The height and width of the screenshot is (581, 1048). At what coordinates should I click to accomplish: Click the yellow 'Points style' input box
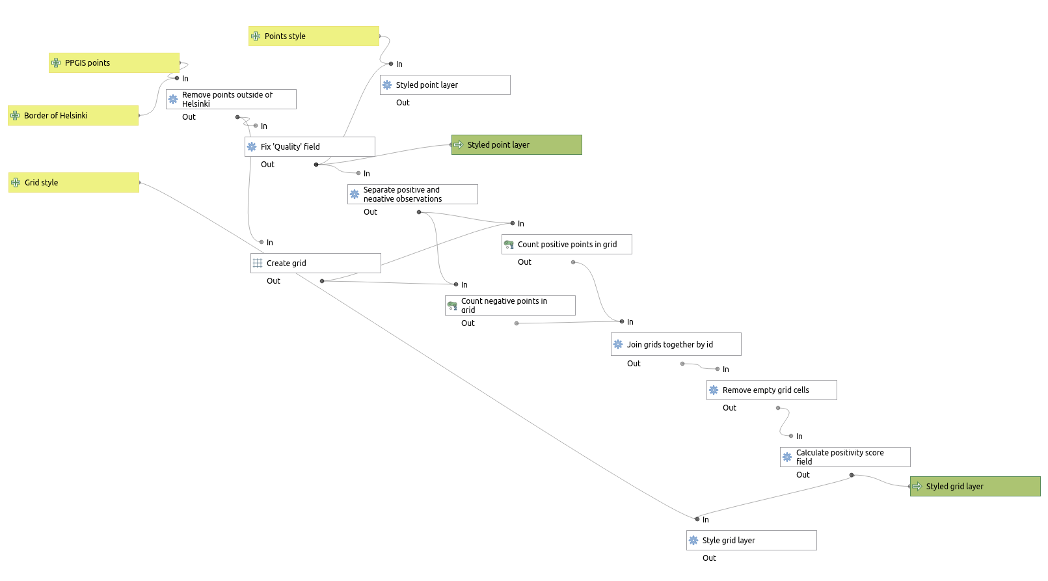pyautogui.click(x=314, y=36)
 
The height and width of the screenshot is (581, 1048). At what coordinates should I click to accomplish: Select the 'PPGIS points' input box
pyautogui.click(x=114, y=62)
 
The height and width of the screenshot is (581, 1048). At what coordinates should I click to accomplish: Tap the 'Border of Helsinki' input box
pyautogui.click(x=73, y=116)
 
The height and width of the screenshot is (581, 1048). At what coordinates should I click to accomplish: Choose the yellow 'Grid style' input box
pyautogui.click(x=74, y=182)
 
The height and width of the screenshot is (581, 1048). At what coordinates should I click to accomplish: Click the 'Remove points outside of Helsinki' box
pyautogui.click(x=231, y=99)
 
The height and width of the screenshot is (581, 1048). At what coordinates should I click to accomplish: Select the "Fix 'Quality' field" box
pyautogui.click(x=310, y=147)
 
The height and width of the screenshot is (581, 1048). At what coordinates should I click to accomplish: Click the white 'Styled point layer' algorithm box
pyautogui.click(x=445, y=85)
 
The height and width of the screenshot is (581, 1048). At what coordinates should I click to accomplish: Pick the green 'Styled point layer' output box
pyautogui.click(x=517, y=145)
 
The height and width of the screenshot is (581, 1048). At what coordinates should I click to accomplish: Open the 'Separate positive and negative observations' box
pyautogui.click(x=412, y=194)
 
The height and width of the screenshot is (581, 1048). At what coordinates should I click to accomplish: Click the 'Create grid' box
pyautogui.click(x=316, y=263)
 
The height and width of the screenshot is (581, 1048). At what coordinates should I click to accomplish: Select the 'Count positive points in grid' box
pyautogui.click(x=567, y=245)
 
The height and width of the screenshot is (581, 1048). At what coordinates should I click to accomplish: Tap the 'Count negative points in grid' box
pyautogui.click(x=510, y=306)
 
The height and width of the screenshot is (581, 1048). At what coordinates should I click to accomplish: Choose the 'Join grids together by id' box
pyautogui.click(x=676, y=344)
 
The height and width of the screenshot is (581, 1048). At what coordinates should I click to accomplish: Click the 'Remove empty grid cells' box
pyautogui.click(x=772, y=390)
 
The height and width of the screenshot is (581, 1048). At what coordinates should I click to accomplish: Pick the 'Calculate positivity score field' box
pyautogui.click(x=845, y=457)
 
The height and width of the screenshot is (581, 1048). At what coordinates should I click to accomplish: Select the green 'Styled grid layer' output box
pyautogui.click(x=975, y=487)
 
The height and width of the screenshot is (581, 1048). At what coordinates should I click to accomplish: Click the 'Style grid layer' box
pyautogui.click(x=751, y=540)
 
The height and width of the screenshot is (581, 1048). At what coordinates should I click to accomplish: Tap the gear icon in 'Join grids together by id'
pyautogui.click(x=618, y=344)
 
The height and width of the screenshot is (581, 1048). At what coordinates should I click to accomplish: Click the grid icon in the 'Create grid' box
pyautogui.click(x=258, y=263)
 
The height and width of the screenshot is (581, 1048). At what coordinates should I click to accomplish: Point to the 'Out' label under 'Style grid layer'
pyautogui.click(x=709, y=558)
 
